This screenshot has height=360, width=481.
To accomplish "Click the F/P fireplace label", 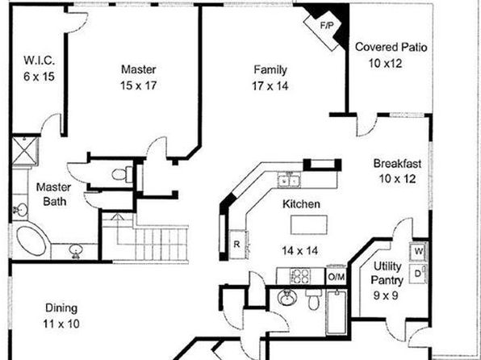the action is [326, 26].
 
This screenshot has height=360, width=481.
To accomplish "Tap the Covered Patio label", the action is [391, 48].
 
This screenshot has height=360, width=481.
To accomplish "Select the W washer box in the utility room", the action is [418, 251].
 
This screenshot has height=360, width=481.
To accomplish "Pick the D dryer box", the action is [418, 274].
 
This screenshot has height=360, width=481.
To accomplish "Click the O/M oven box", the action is [337, 277].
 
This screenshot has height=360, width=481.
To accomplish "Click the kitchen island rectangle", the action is [309, 224].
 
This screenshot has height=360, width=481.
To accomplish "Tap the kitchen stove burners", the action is [300, 276].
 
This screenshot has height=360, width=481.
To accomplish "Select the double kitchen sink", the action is [289, 179].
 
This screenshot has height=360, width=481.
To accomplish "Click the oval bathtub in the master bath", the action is [31, 241].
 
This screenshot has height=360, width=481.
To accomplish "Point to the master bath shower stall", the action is [25, 151].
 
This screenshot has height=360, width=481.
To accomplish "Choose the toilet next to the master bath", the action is [122, 174].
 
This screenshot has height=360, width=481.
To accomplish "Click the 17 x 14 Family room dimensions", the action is [270, 86].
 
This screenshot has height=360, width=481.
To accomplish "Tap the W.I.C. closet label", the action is [40, 61].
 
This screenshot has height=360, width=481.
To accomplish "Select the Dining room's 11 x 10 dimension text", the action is [61, 324].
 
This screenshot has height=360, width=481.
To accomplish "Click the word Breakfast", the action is [397, 164].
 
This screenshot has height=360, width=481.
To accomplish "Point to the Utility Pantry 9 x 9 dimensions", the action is [386, 295].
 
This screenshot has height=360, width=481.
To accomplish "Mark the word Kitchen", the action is [301, 204].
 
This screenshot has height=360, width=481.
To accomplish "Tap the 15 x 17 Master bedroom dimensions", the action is [138, 86].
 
